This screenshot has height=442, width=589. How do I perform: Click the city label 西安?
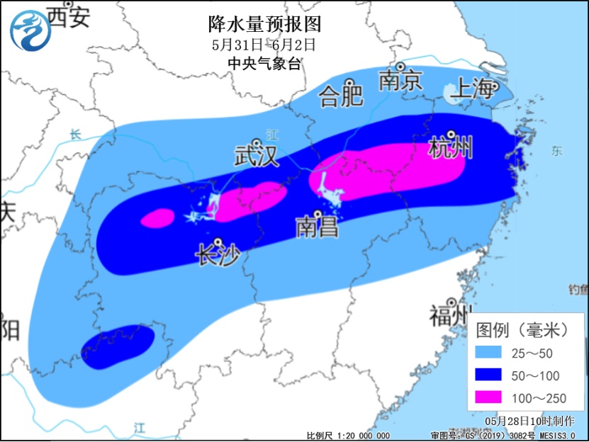click(x=69, y=17)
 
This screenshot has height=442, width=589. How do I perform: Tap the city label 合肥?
click(x=342, y=95)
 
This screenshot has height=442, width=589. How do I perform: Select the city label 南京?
click(x=400, y=80)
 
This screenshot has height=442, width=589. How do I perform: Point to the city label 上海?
click(x=473, y=89)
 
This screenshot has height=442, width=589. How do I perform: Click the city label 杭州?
click(x=451, y=149)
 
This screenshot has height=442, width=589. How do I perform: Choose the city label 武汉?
click(x=257, y=155)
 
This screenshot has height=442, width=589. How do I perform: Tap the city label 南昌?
click(x=317, y=227)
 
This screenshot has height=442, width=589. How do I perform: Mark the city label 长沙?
click(x=218, y=254)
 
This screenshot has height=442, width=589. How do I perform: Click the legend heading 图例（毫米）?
click(x=523, y=329)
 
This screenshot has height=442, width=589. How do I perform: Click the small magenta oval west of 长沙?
click(x=157, y=218)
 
